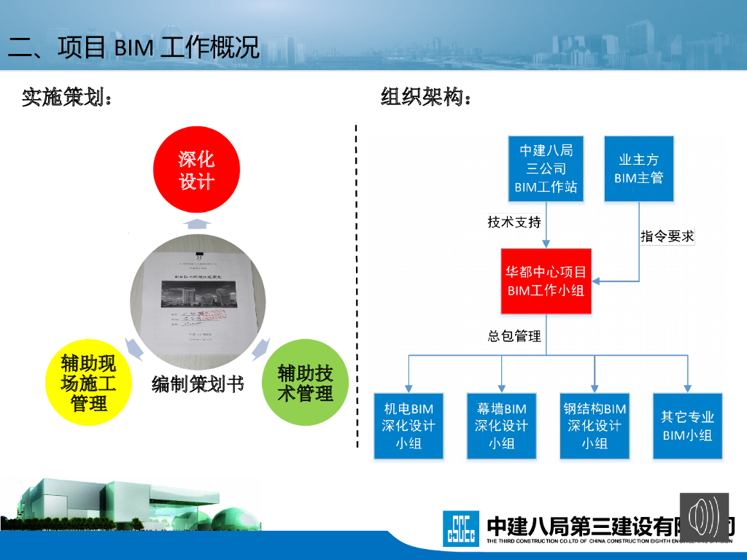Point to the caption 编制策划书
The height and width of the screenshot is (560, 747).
pyautogui.click(x=198, y=384)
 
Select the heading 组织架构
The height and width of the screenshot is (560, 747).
pyautogui.click(x=426, y=97)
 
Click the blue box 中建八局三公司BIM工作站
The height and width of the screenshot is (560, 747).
pyautogui.click(x=546, y=168)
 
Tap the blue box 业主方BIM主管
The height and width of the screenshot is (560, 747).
pyautogui.click(x=639, y=168)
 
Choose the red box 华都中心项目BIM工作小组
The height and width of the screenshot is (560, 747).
pyautogui.click(x=546, y=281)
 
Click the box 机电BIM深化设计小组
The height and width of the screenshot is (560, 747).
pyautogui.click(x=409, y=426)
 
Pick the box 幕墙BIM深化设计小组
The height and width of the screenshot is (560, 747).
pyautogui.click(x=501, y=426)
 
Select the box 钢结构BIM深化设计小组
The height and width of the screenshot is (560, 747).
pyautogui.click(x=595, y=426)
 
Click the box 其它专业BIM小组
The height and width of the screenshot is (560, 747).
pyautogui.click(x=687, y=426)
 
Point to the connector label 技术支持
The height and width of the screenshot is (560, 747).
pyautogui.click(x=514, y=222)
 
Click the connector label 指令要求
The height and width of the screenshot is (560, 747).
pyautogui.click(x=667, y=236)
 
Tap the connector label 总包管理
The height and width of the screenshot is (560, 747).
pyautogui.click(x=514, y=336)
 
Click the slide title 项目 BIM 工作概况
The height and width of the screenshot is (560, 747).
pyautogui.click(x=134, y=47)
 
